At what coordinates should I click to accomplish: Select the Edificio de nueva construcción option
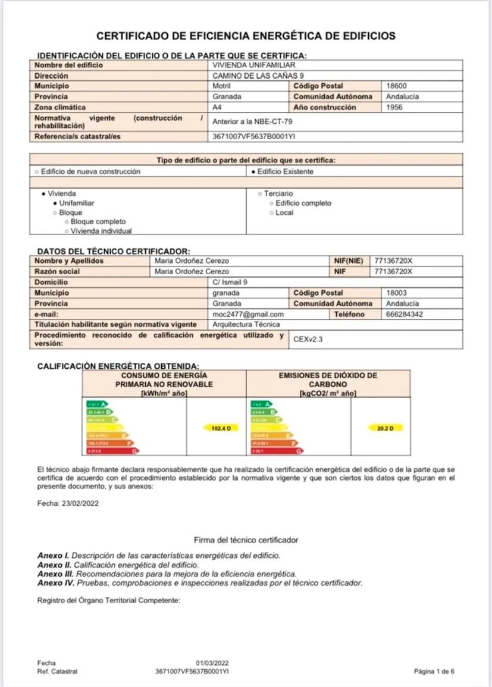[x=88, y=171]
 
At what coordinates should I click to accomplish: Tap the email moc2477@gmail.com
[x=248, y=314]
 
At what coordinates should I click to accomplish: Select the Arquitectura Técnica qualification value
[x=246, y=325]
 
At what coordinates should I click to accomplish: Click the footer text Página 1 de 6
[x=434, y=672]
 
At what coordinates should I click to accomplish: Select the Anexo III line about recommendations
[x=167, y=574]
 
